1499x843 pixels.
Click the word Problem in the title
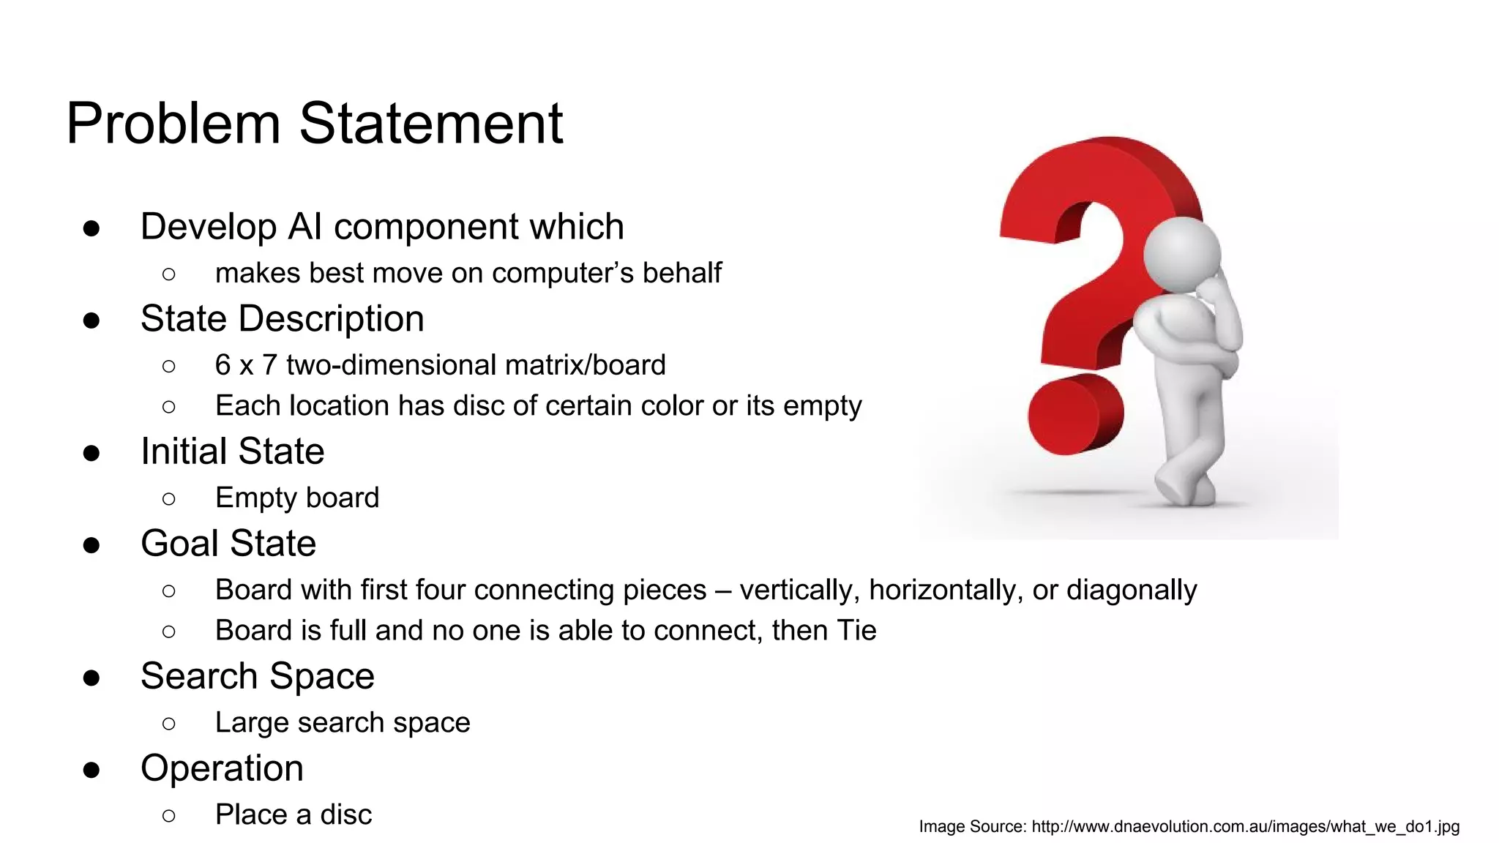pos(173,124)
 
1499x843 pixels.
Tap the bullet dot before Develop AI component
pos(91,228)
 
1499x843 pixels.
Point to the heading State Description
pos(282,319)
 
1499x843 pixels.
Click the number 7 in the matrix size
pos(269,365)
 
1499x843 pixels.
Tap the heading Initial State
pos(232,452)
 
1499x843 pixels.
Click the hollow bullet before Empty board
pos(169,499)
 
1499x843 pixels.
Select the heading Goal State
pos(228,544)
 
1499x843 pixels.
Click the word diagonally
pos(1131,590)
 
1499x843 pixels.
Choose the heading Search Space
pos(257,676)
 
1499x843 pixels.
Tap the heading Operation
pos(222,768)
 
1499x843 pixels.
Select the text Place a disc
pos(293,814)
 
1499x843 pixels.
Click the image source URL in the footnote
pos(1245,827)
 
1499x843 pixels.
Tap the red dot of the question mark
pos(1074,414)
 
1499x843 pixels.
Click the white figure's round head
pos(1181,253)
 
